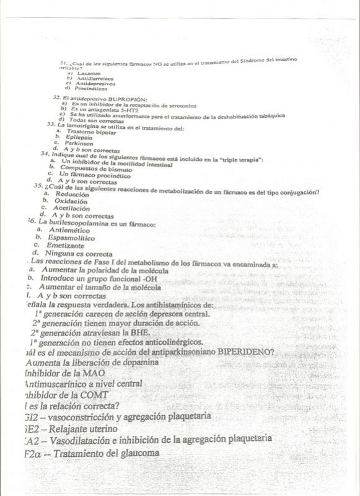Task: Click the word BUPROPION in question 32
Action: pyautogui.click(x=128, y=99)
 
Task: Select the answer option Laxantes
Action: pyautogui.click(x=86, y=74)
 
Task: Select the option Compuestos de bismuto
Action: pyautogui.click(x=96, y=168)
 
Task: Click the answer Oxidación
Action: pyautogui.click(x=71, y=201)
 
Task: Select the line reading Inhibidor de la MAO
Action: pyautogui.click(x=64, y=373)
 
